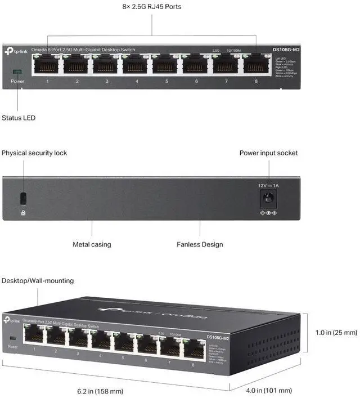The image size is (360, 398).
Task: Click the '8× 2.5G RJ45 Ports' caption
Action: tap(152, 7)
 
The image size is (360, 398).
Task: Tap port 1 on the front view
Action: tap(47, 65)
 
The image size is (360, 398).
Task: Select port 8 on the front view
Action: tap(256, 65)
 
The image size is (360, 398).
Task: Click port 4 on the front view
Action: tap(137, 65)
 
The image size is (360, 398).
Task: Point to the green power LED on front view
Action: tap(17, 71)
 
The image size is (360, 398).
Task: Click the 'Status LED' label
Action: tap(19, 118)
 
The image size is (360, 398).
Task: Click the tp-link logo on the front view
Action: tap(15, 51)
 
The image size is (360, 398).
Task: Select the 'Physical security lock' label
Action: tap(34, 153)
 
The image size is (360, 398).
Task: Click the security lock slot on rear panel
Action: tap(23, 198)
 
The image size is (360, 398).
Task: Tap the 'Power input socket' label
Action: tap(268, 153)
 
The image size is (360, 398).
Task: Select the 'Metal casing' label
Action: tap(92, 244)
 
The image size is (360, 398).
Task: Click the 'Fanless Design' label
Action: tap(200, 244)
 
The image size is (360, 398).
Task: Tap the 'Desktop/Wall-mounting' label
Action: tap(38, 280)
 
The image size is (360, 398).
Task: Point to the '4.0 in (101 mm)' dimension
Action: tap(269, 390)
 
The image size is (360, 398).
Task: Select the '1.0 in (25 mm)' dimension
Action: tap(336, 333)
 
